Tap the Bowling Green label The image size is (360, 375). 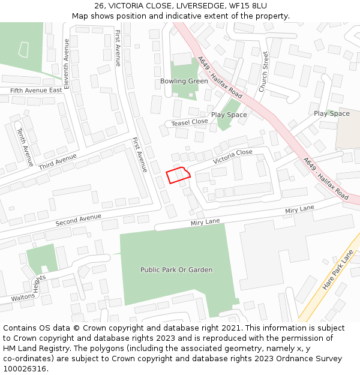pos(184,82)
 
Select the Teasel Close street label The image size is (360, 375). pos(189,122)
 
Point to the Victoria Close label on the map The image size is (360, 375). pos(232,157)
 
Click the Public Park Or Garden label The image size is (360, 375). pos(176,270)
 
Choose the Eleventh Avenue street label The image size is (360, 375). pos(67,64)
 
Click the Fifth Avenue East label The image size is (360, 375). pos(36,90)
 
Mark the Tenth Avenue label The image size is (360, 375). pos(25,146)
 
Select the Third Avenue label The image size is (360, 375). pos(58,161)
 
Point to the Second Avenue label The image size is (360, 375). pos(79,220)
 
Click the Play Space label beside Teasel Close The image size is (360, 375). pos(229,115)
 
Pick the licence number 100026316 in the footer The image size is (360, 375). pos(25,368)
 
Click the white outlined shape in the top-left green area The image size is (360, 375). pos(23,49)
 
